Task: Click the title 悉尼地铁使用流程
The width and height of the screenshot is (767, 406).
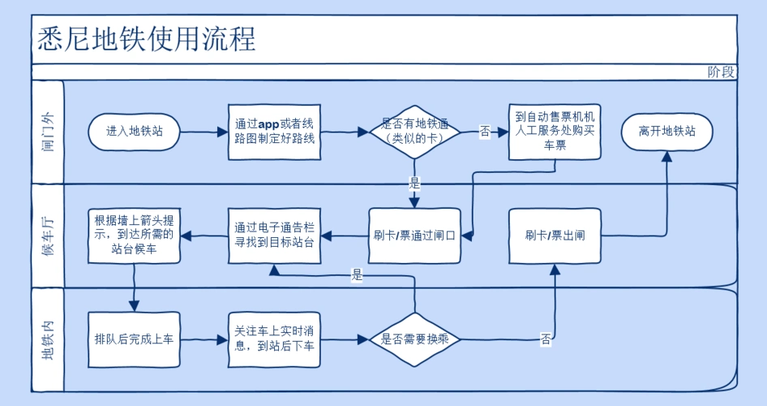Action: click(147, 39)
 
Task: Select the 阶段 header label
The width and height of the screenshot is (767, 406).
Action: click(721, 71)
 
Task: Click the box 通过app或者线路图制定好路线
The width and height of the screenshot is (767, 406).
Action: click(274, 132)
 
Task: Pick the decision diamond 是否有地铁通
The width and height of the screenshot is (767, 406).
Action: click(414, 132)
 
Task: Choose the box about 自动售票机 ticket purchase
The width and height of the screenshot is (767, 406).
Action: click(555, 131)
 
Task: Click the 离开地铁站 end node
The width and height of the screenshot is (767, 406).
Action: click(666, 132)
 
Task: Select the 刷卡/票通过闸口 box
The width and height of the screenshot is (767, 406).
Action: click(414, 236)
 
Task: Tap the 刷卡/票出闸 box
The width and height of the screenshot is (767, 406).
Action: click(555, 236)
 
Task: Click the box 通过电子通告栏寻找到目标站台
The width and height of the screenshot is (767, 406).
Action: click(274, 235)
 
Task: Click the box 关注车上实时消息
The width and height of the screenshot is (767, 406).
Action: click(274, 339)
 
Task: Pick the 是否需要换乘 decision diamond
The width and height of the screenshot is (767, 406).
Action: click(414, 339)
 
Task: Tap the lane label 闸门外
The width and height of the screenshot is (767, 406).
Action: click(48, 132)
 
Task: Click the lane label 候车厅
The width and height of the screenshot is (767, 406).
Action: click(48, 236)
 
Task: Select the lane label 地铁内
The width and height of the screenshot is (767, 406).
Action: click(48, 339)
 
